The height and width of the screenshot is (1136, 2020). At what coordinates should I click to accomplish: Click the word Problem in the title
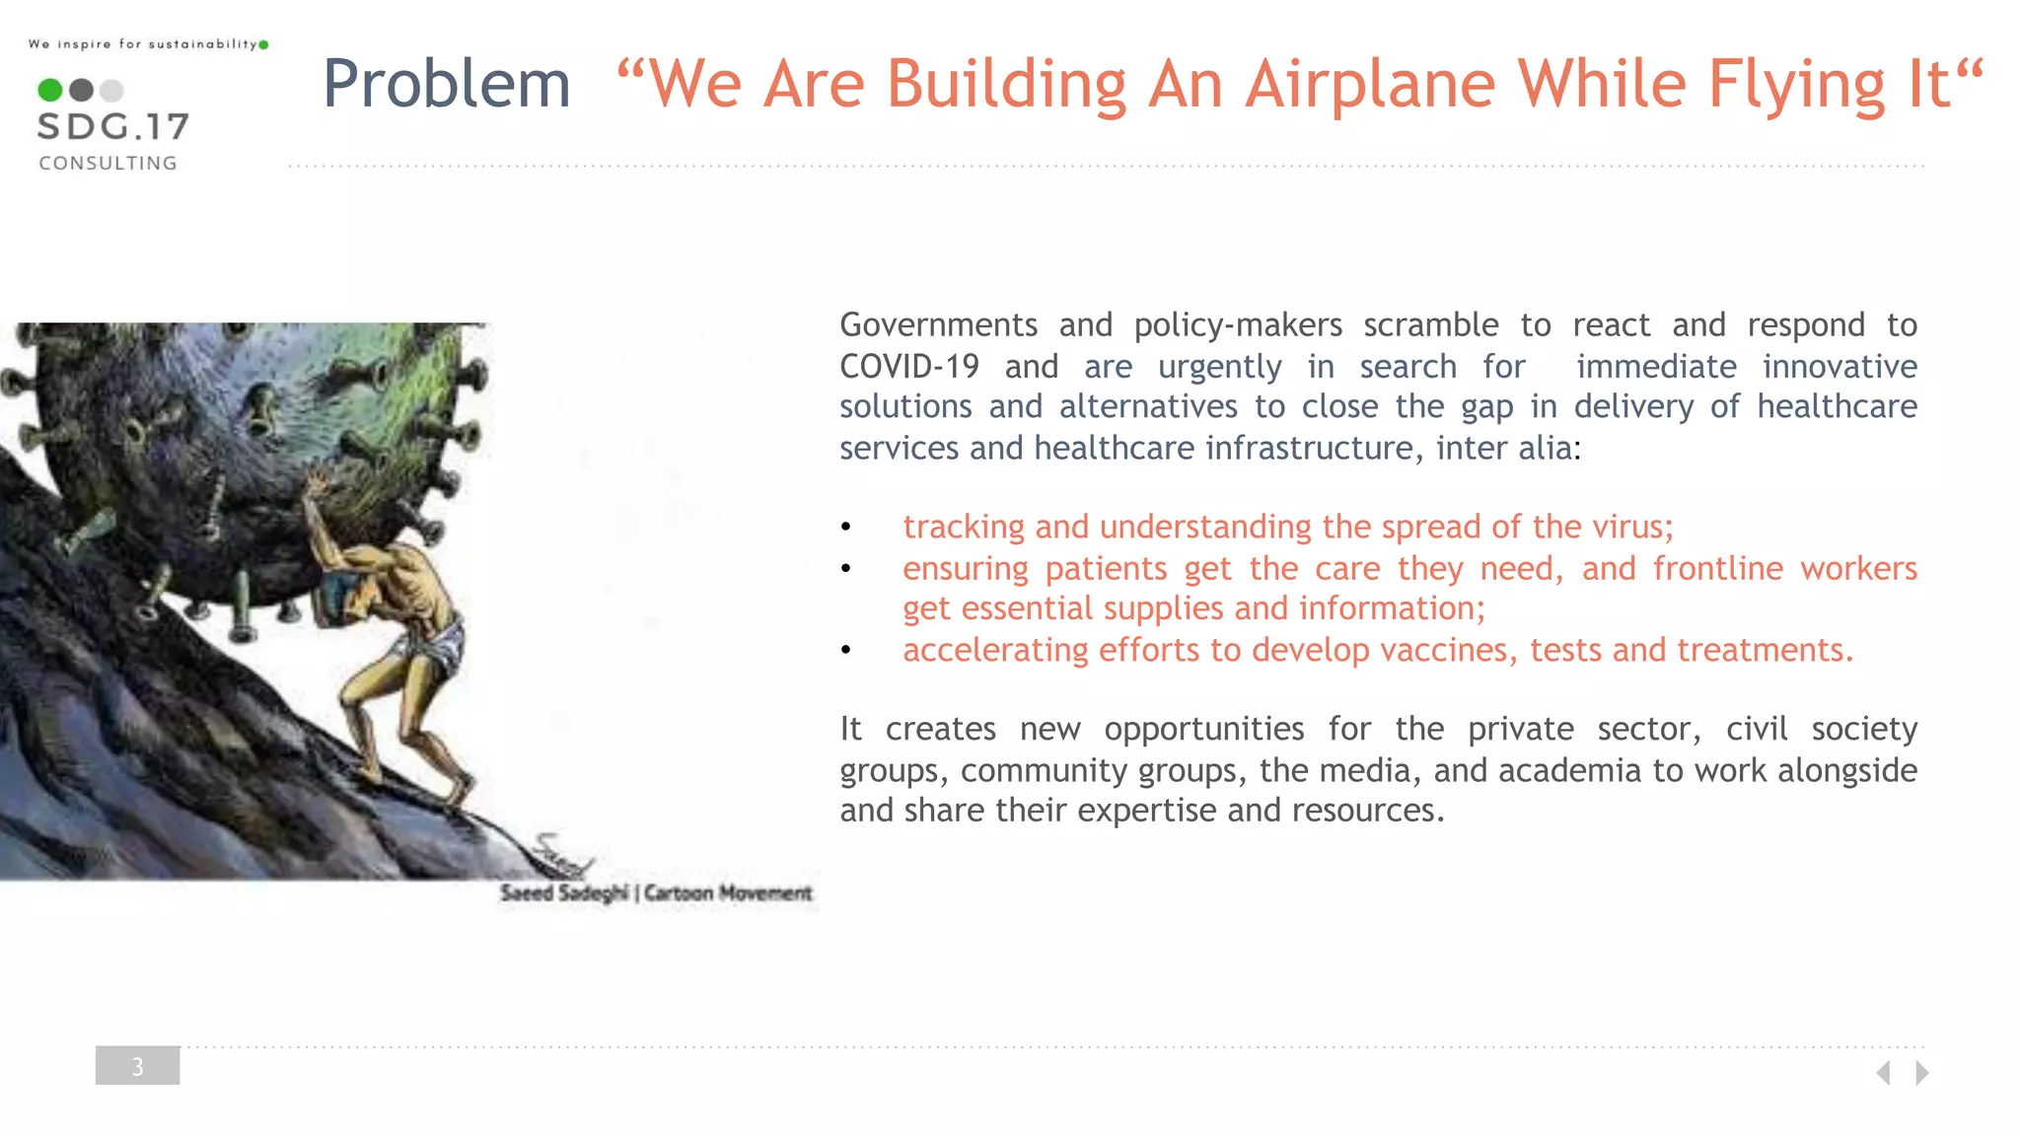point(446,84)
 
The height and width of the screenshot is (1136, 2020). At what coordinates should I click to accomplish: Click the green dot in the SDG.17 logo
point(49,91)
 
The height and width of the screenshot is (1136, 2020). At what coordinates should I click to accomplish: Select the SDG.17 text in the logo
point(112,127)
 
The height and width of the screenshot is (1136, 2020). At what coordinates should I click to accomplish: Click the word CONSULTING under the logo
point(108,164)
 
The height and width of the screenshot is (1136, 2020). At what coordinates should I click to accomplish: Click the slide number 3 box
point(137,1066)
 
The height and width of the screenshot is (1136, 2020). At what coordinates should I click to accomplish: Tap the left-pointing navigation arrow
point(1883,1073)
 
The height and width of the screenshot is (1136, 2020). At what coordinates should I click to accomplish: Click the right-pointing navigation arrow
point(1922,1073)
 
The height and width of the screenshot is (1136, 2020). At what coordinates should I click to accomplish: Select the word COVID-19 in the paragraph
point(908,367)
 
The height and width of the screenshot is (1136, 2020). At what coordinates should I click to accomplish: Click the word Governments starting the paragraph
point(938,325)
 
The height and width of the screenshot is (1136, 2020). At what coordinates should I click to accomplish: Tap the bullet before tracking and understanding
point(845,529)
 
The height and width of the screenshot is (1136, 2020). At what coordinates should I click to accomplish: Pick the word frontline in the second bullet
point(1717,569)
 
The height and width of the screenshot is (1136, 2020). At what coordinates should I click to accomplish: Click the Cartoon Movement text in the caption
point(728,893)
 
